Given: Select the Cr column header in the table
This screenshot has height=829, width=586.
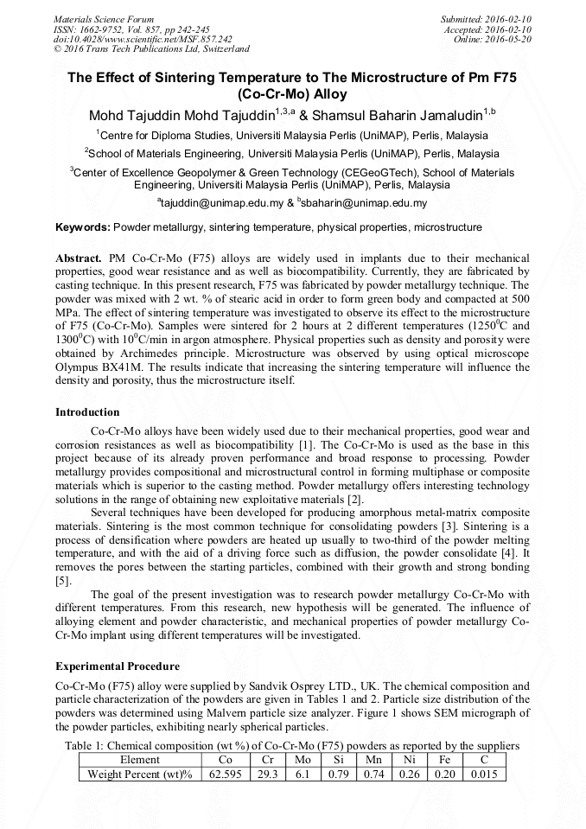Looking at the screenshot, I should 268,760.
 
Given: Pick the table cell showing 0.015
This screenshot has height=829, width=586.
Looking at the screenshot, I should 484,775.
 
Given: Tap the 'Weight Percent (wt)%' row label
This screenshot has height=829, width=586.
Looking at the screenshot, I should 139,775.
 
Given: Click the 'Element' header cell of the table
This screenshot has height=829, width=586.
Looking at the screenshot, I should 139,760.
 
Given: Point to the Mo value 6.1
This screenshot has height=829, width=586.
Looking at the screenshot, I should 303,775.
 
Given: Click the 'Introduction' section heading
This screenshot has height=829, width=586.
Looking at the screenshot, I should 87,411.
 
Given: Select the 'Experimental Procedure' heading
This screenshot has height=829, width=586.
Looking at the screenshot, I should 118,666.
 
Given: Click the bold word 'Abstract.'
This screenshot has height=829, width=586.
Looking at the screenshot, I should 80,258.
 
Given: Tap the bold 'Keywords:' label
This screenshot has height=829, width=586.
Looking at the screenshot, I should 83,227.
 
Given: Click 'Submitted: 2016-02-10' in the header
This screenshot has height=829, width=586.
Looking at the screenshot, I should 486,19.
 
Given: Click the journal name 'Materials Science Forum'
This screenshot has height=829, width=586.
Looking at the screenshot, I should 104,19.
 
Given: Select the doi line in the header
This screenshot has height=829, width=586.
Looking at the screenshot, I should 143,40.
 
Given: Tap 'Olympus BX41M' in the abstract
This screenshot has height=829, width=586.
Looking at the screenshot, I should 92,367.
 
